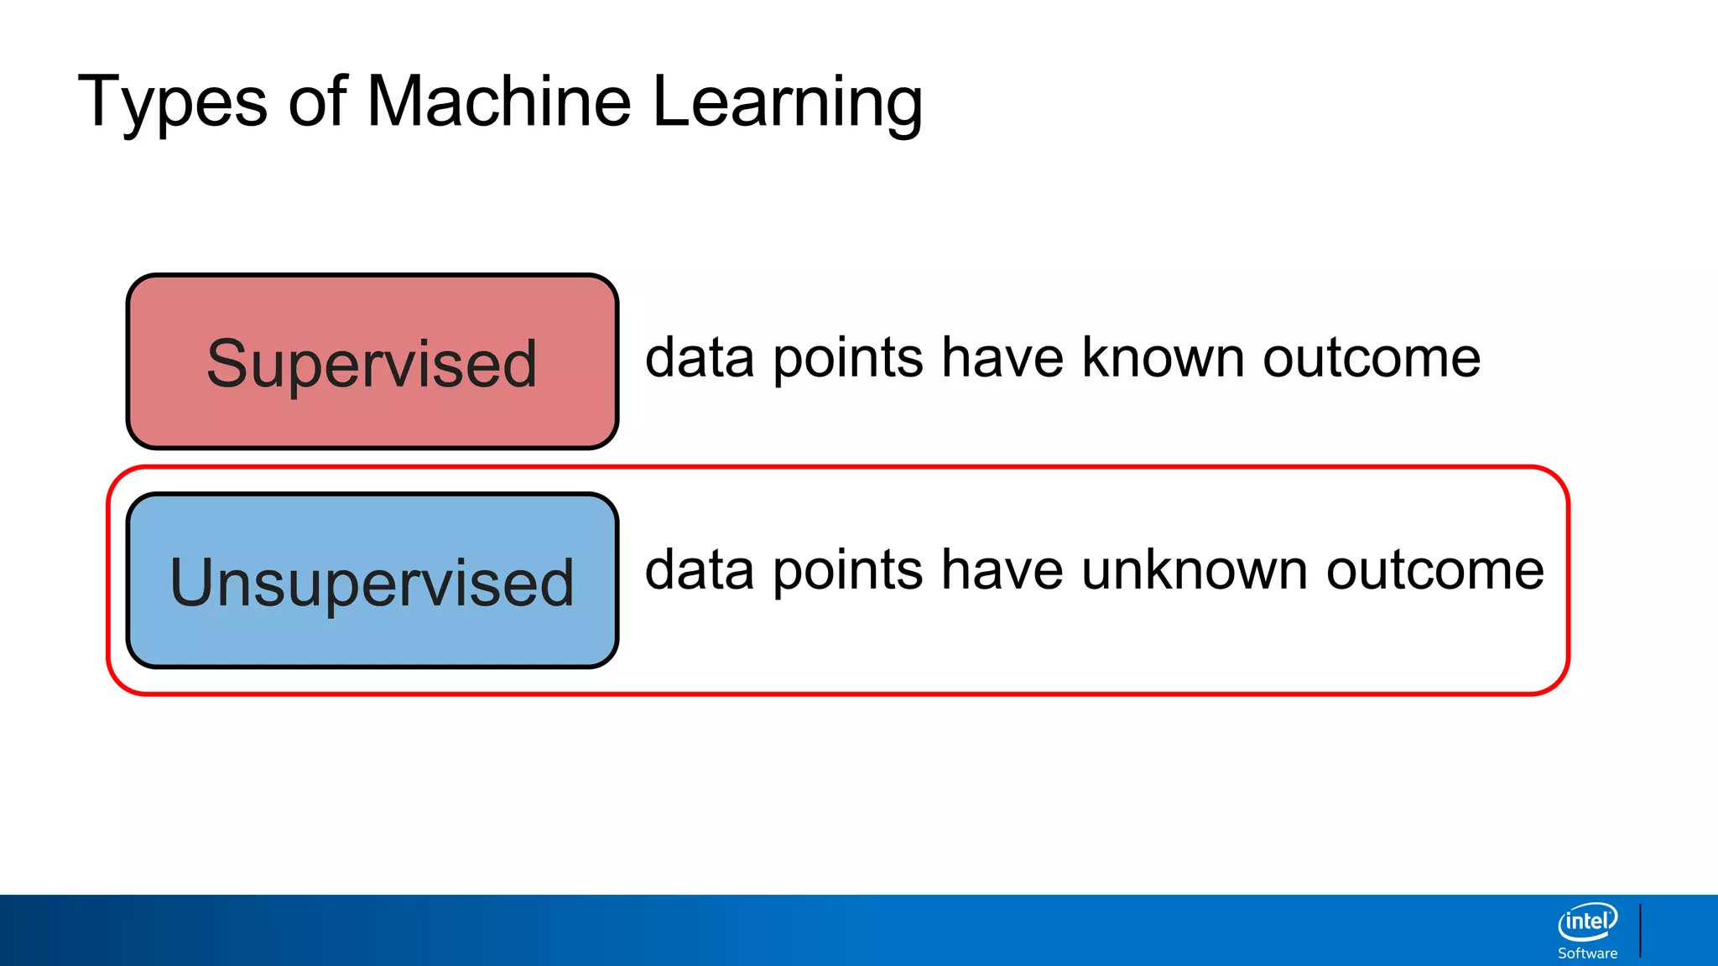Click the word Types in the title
[172, 102]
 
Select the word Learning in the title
[787, 102]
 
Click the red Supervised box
[372, 362]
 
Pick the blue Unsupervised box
[372, 581]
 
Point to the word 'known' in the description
[1163, 358]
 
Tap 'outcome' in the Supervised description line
[1372, 358]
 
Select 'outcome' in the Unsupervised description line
[1434, 570]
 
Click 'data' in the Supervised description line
[700, 358]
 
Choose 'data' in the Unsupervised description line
[700, 570]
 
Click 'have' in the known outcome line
[1002, 358]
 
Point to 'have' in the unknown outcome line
[1002, 570]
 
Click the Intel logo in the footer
[1587, 922]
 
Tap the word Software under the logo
[1587, 953]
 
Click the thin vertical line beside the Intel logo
[1640, 930]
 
